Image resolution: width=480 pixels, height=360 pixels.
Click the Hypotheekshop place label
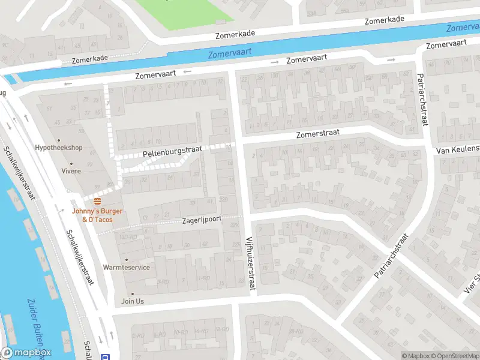click(59, 147)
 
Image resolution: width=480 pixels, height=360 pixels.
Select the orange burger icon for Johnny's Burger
click(97, 201)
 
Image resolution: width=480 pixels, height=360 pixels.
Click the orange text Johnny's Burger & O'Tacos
click(97, 215)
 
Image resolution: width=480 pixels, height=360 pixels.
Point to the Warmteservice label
click(126, 267)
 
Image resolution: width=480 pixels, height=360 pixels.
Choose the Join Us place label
click(133, 301)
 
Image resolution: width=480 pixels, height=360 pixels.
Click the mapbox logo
click(26, 353)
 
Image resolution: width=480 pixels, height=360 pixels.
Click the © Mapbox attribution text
click(415, 356)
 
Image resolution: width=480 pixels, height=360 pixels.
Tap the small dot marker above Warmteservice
click(127, 259)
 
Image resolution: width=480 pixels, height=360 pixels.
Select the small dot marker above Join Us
click(133, 294)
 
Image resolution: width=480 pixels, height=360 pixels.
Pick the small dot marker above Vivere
click(71, 163)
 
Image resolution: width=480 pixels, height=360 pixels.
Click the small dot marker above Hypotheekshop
click(59, 139)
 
